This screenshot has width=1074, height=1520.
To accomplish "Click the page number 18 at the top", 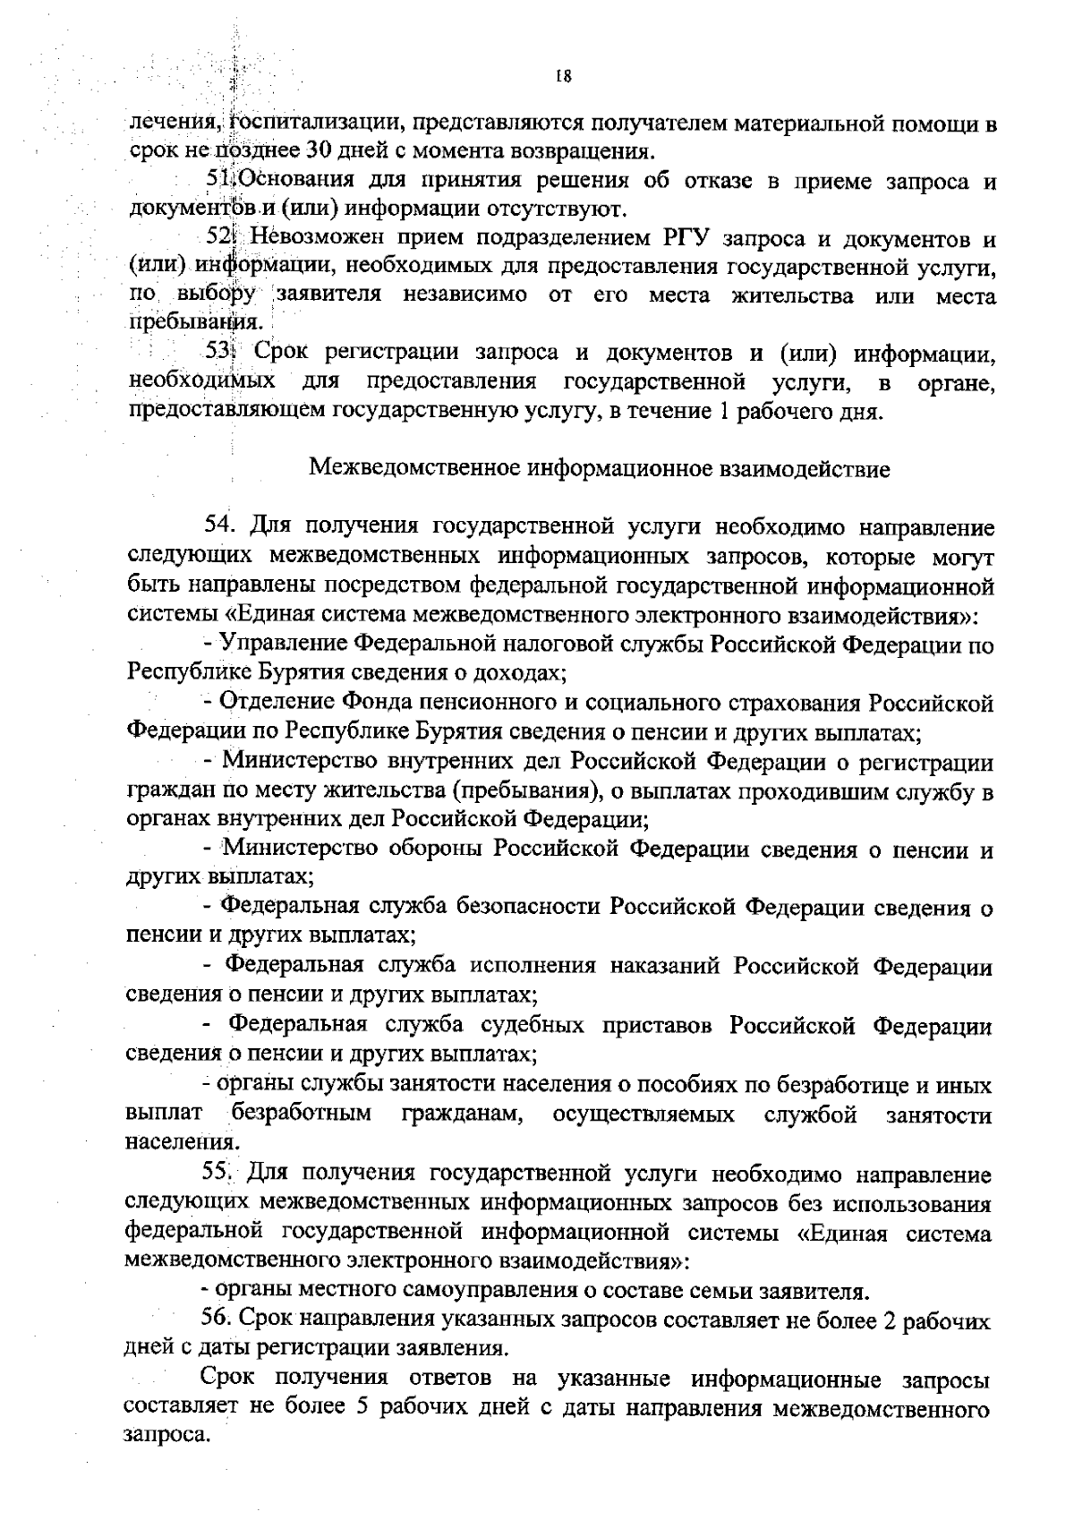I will click(x=563, y=76).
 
